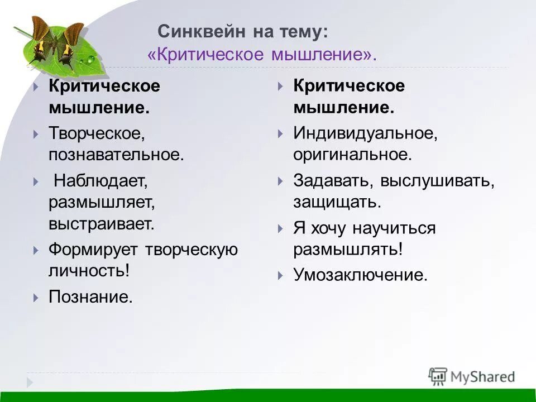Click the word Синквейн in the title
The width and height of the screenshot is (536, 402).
(x=195, y=31)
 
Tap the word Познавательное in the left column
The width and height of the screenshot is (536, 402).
(x=116, y=154)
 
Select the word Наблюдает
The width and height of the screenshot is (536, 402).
(x=100, y=180)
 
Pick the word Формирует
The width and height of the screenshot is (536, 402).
(x=93, y=249)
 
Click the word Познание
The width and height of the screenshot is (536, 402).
(x=90, y=296)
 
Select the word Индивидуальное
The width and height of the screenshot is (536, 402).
(x=364, y=133)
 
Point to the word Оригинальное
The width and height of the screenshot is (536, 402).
(x=352, y=154)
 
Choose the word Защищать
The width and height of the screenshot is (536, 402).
(x=337, y=202)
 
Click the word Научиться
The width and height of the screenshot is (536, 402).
(x=393, y=228)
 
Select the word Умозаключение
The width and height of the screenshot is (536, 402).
(x=360, y=275)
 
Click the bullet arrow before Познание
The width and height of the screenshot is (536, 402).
(x=36, y=296)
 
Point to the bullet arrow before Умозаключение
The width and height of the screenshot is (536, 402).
(x=281, y=275)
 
